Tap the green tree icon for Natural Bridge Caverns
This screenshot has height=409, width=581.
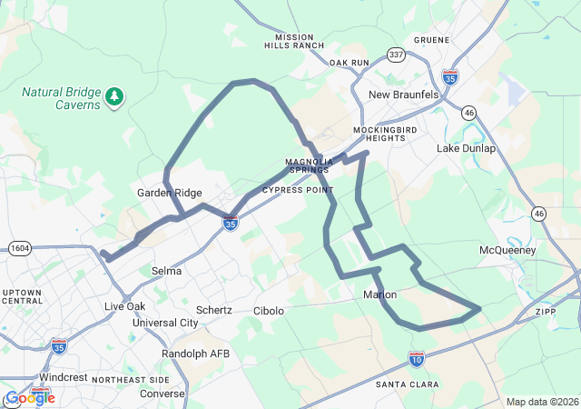(113, 95)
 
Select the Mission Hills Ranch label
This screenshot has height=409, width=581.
(294, 40)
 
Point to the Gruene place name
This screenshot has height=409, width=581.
(431, 40)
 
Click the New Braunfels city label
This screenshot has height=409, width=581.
(403, 95)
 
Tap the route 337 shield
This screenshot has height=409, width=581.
(396, 55)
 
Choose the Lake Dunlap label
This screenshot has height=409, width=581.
(467, 148)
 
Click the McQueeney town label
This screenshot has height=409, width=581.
(507, 250)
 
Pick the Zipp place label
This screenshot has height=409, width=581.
(546, 311)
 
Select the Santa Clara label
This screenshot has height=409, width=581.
(407, 385)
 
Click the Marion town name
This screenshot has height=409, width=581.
(379, 294)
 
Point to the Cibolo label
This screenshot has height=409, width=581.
(268, 310)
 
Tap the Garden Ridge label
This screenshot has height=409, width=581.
(169, 193)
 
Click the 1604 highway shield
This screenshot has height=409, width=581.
(20, 247)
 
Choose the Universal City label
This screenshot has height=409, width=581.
(165, 323)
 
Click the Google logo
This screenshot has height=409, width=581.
(29, 397)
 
